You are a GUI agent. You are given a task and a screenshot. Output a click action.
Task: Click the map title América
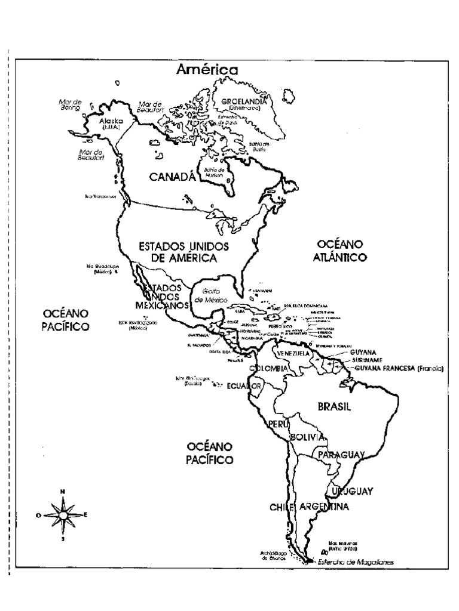pos(207,70)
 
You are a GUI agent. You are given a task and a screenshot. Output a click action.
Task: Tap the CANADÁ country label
pos(172,177)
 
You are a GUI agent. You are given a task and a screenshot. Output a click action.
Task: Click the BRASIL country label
pos(333,406)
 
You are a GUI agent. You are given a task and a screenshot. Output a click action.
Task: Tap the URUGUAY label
pos(352,491)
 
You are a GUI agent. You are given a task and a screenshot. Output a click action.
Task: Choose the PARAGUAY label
pos(341,455)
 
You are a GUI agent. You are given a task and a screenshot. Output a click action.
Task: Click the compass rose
pos(62,514)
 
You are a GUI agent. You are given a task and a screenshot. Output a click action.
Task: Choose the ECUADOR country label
pos(244,387)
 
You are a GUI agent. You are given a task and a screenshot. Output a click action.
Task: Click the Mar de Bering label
pos(70,105)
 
